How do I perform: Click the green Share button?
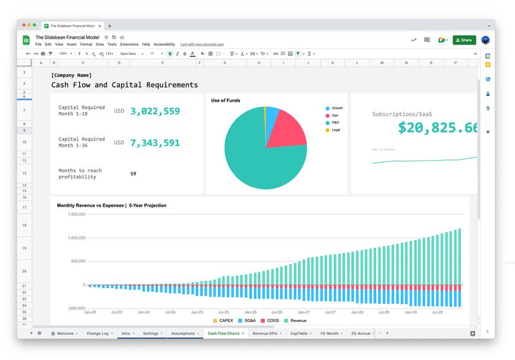point(464,40)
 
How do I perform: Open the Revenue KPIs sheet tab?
point(267,334)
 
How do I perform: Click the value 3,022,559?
point(155,111)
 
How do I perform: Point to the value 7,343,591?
point(155,142)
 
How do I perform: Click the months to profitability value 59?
point(133,173)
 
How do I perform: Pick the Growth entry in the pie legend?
point(337,108)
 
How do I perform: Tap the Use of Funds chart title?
point(225,100)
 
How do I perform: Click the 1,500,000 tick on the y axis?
point(77,214)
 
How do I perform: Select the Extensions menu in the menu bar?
point(129,44)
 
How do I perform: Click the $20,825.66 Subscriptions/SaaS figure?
point(438,128)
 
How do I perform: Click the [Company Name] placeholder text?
point(71,75)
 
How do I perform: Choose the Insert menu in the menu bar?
point(71,44)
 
